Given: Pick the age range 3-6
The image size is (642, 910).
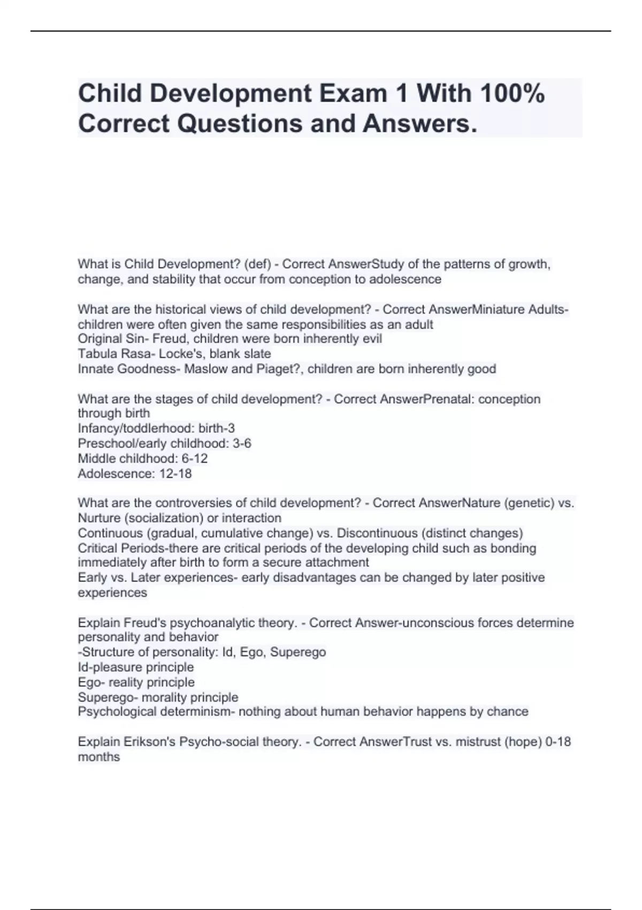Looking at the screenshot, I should [x=242, y=444].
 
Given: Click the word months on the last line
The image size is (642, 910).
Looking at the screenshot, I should [x=99, y=757].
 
